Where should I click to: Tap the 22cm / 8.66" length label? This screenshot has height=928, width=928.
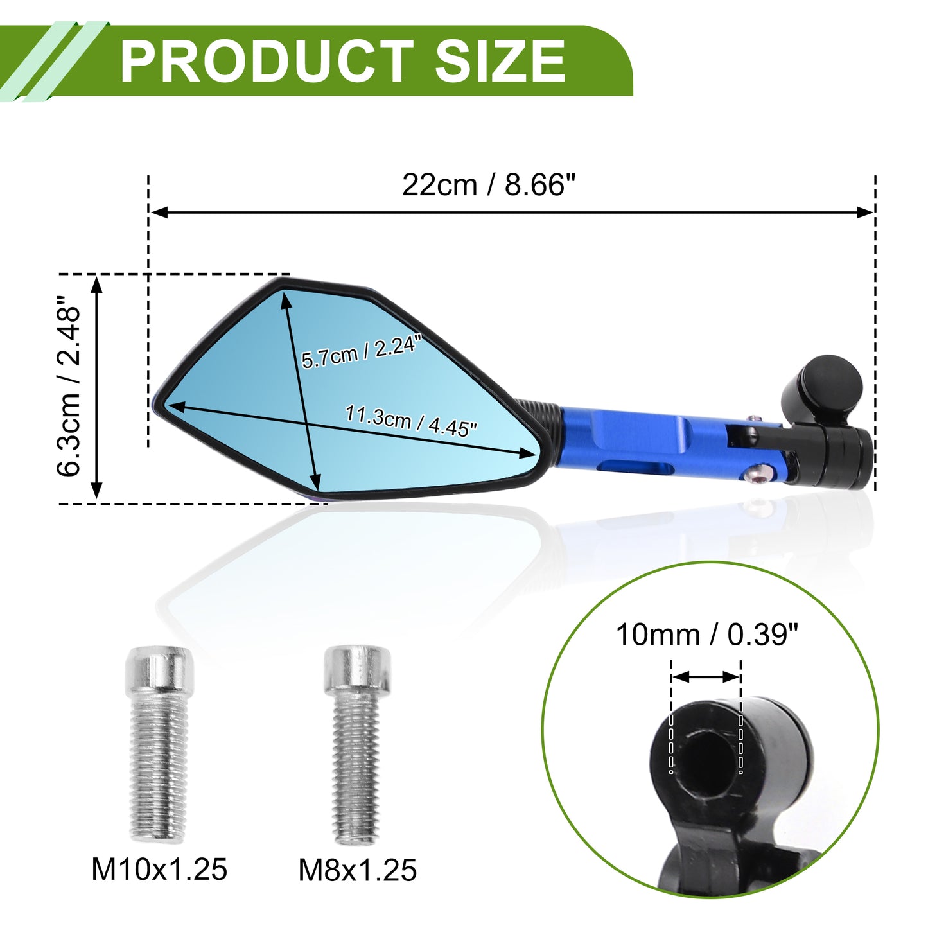click(x=489, y=184)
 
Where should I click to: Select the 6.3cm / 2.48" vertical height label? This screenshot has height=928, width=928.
click(x=68, y=387)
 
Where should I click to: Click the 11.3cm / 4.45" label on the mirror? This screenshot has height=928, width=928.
click(x=411, y=421)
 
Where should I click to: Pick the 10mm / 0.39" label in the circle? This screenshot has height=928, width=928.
click(x=708, y=635)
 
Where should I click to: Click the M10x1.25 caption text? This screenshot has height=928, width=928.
click(x=159, y=870)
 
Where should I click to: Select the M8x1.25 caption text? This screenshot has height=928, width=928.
click(x=357, y=870)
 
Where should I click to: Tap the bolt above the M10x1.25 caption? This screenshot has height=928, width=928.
click(x=159, y=744)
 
